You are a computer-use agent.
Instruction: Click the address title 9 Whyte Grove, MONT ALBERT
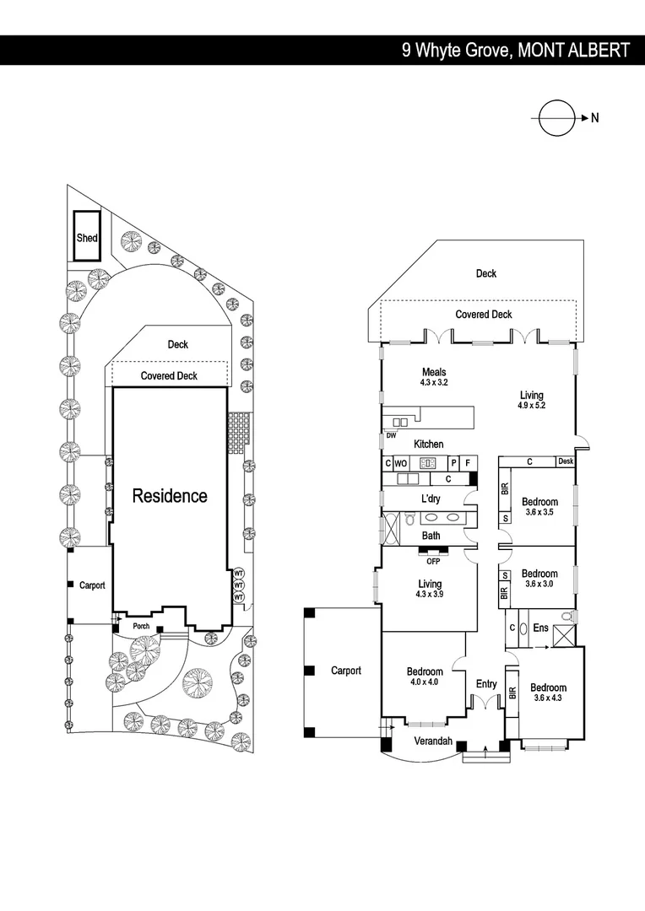(x=515, y=51)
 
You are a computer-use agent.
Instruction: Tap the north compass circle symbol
(x=556, y=118)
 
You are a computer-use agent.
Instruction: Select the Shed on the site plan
(x=87, y=238)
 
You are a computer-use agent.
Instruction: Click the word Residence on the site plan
(x=170, y=496)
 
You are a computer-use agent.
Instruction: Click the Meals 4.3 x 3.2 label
(x=434, y=377)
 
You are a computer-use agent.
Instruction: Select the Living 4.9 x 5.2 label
(x=532, y=400)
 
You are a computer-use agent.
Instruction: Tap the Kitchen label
(x=428, y=445)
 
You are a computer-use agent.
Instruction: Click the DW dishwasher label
(x=391, y=436)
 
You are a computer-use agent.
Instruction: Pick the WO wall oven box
(x=401, y=463)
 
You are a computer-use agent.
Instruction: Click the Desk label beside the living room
(x=566, y=461)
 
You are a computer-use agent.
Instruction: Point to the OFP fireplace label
(x=434, y=561)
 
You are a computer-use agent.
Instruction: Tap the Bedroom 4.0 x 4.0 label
(x=425, y=677)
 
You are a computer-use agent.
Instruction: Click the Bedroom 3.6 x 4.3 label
(x=548, y=693)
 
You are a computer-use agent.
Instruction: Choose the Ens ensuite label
(x=539, y=628)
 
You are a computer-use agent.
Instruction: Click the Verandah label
(x=433, y=742)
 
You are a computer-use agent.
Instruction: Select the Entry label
(x=486, y=684)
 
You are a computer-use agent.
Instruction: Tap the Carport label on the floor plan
(x=346, y=671)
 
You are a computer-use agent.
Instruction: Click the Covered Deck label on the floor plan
(x=484, y=315)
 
